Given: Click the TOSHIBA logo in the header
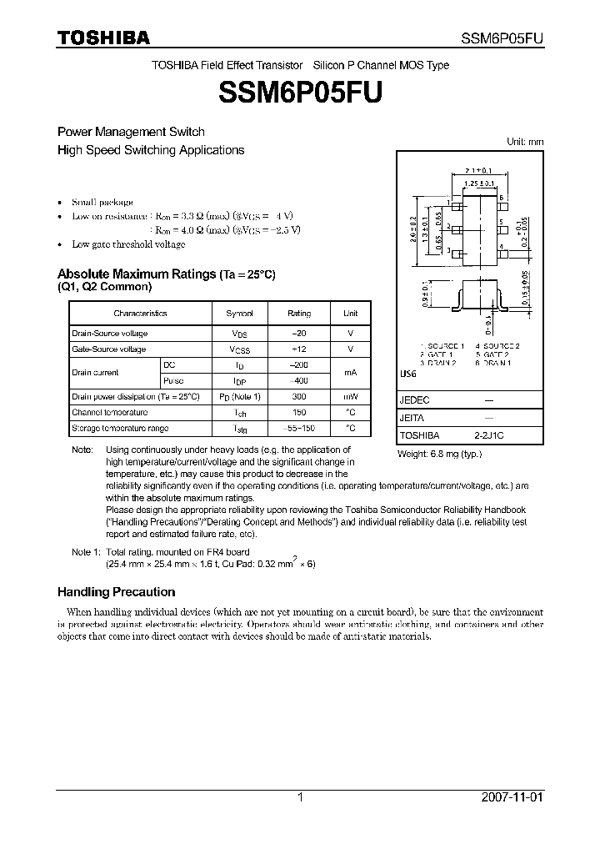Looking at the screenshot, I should click(x=103, y=38).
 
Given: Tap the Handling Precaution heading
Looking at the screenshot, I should click(x=116, y=591).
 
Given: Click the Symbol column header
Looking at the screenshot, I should click(x=239, y=314).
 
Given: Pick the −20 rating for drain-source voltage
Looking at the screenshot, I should click(x=299, y=333).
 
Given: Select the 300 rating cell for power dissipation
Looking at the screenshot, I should click(x=299, y=396).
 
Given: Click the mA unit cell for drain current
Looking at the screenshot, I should click(x=350, y=373).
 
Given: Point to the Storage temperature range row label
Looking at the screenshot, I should click(x=120, y=428).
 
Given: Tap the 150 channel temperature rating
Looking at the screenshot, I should click(x=299, y=412).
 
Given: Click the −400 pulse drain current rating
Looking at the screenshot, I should click(x=299, y=380).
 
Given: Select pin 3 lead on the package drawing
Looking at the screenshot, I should click(x=455, y=251).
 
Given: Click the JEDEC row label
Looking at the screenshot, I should click(x=414, y=400).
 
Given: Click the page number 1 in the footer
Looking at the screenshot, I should click(x=300, y=797).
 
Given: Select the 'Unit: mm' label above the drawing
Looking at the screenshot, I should click(x=525, y=142).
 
